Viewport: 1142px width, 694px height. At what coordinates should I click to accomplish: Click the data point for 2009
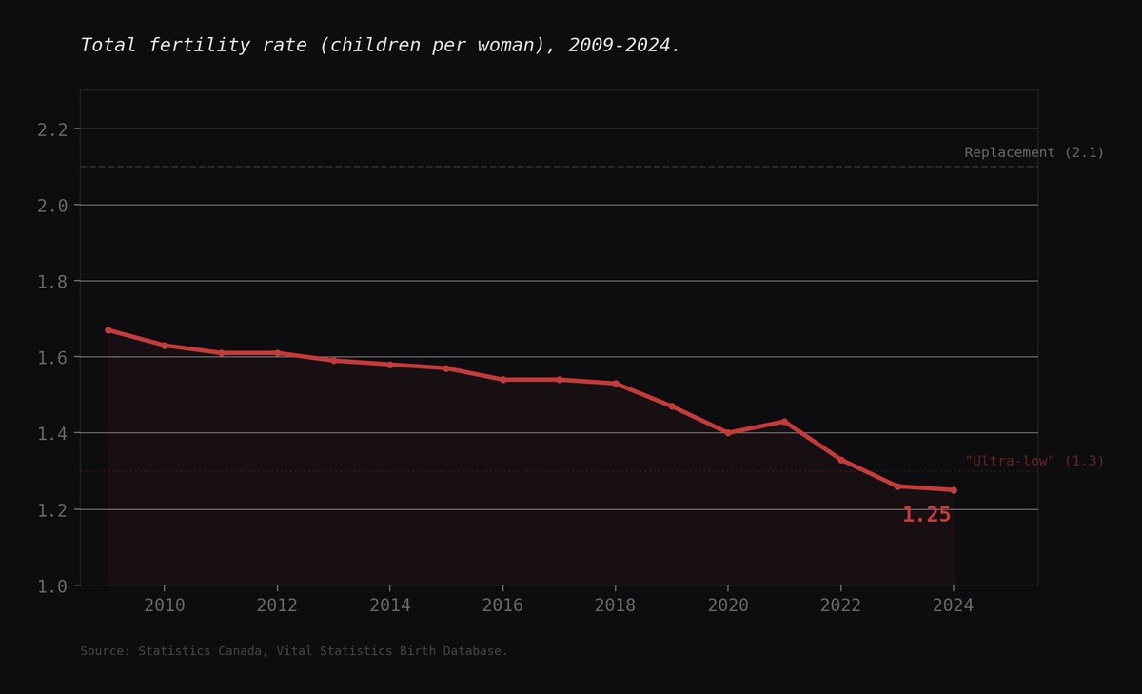click(108, 330)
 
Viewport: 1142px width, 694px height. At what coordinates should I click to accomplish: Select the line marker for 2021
click(784, 421)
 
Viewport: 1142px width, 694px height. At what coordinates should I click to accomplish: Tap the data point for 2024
click(954, 490)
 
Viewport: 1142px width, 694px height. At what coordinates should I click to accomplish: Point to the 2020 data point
click(728, 432)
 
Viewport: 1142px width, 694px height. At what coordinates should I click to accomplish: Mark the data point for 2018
click(616, 384)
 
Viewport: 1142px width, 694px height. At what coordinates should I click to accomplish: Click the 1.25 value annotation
click(926, 515)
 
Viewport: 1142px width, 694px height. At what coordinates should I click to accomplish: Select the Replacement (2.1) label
click(1034, 152)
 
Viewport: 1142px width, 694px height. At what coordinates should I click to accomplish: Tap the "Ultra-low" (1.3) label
click(1034, 461)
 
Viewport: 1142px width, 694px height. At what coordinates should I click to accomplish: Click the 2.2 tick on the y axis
click(52, 129)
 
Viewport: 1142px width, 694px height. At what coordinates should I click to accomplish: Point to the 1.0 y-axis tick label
click(52, 586)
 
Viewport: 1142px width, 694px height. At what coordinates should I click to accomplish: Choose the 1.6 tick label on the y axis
click(52, 358)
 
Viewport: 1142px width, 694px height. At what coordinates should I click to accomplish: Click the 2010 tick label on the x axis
click(164, 605)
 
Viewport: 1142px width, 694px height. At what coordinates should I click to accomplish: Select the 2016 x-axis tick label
click(502, 605)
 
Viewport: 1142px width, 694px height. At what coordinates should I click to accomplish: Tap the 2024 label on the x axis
click(954, 605)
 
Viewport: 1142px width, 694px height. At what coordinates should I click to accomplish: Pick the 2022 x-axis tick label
click(840, 605)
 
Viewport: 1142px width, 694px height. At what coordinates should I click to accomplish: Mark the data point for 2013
click(333, 361)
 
